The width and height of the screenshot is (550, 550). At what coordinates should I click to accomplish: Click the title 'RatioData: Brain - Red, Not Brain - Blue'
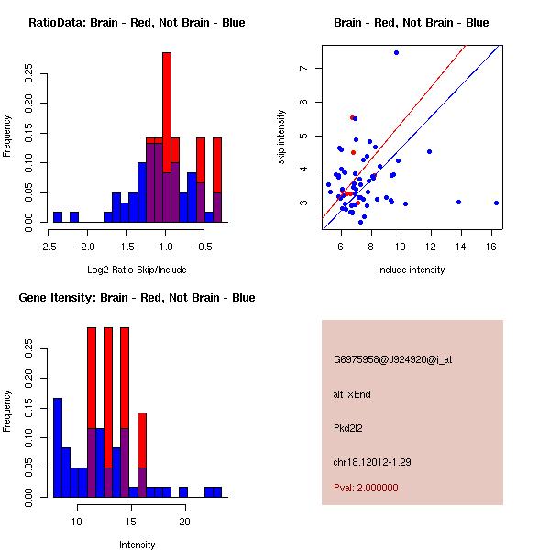coord(137,23)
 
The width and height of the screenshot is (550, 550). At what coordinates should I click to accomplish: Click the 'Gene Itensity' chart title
coord(137,298)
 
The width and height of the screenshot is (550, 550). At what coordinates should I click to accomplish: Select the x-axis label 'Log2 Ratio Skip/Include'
coord(137,269)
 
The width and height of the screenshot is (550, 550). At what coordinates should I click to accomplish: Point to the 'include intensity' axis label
coord(412,269)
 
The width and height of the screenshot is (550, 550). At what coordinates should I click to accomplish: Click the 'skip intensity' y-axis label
coord(282,137)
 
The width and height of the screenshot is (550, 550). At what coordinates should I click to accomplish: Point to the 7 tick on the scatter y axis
coord(312,68)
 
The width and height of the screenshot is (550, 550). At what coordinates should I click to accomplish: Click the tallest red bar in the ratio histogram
coord(167,92)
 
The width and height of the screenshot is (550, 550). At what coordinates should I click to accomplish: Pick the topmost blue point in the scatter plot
coord(396,52)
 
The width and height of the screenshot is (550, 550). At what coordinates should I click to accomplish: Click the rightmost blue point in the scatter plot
coord(496,203)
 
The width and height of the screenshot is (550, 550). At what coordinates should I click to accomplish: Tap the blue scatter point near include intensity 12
coord(429,151)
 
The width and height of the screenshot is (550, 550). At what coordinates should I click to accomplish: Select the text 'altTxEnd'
coord(352,394)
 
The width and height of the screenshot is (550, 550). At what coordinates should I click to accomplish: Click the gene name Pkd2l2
coord(349,428)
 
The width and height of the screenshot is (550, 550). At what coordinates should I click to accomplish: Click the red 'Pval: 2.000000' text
coord(366,488)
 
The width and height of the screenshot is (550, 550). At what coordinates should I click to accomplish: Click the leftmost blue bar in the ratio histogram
coord(58,217)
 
